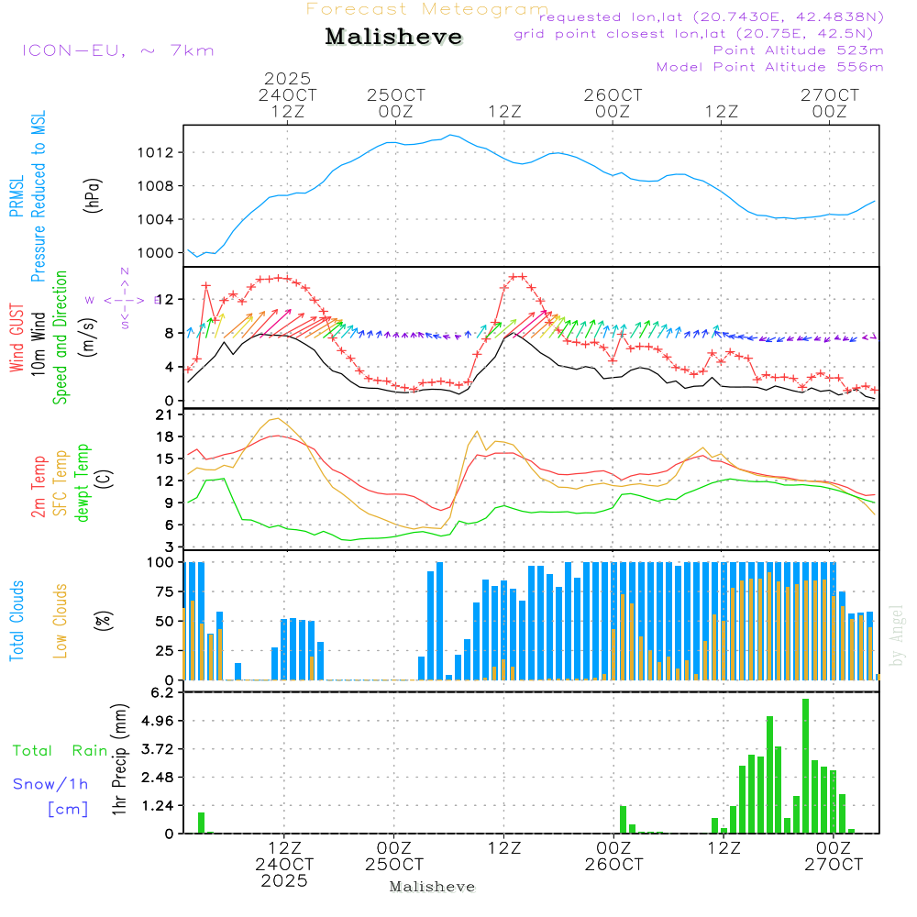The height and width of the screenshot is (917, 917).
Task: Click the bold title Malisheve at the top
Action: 393,37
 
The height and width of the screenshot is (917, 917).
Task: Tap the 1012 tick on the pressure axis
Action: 160,152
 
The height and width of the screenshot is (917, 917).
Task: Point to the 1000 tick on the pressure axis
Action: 160,253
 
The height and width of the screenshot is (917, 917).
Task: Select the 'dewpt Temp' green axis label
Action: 83,483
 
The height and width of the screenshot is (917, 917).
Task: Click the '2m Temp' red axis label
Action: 39,483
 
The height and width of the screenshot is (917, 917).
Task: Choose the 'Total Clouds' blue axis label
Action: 17,620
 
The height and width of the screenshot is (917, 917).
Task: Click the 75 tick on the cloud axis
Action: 165,591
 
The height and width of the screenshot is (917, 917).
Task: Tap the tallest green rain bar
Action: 805,766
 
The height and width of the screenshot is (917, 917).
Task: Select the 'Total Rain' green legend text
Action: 60,751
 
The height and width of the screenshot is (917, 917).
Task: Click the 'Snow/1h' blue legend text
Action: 50,784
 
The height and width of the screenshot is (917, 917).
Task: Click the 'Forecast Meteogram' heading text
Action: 427,9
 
